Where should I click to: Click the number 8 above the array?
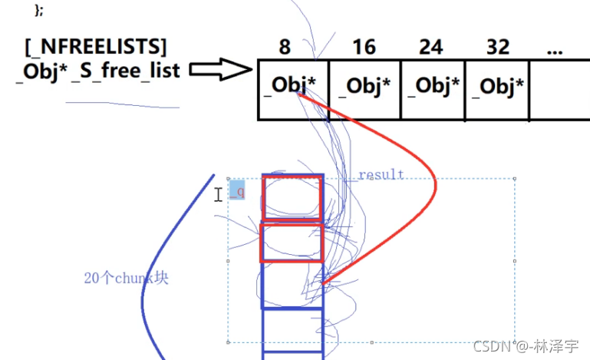[285, 48]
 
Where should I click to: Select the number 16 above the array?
[364, 48]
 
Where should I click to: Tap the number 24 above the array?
[430, 48]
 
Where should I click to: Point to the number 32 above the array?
[498, 48]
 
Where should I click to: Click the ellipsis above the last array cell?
[555, 49]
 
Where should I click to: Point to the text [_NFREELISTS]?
[95, 47]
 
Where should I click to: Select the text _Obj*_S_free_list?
[97, 71]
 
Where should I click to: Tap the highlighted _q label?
[238, 191]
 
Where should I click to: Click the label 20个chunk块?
[126, 278]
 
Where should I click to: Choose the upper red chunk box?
[292, 197]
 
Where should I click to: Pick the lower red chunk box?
[292, 243]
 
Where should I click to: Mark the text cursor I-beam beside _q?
[219, 195]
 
